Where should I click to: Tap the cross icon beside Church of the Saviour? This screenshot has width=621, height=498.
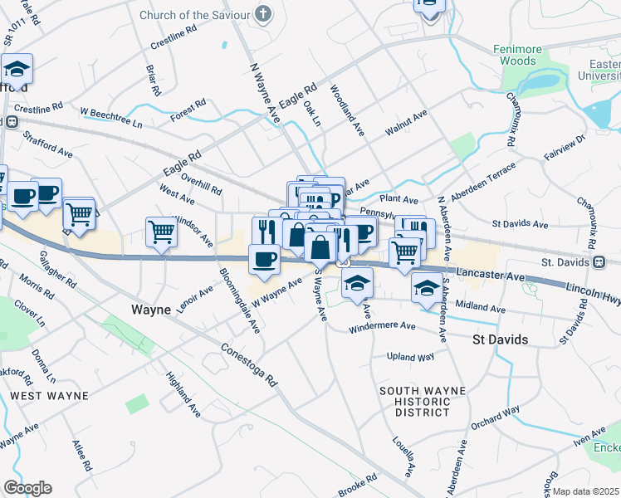click(262, 14)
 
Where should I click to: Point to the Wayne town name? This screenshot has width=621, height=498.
click(151, 310)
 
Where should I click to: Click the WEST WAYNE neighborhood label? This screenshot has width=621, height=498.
click(49, 396)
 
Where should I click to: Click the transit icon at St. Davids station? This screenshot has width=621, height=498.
click(599, 261)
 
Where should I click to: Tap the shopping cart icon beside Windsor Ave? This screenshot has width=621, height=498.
click(161, 232)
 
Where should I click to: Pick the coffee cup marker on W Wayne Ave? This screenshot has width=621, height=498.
click(264, 259)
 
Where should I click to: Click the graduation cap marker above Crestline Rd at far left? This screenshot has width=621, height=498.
click(17, 69)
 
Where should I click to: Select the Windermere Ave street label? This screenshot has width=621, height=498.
click(384, 327)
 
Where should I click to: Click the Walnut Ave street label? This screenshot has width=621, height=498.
click(405, 123)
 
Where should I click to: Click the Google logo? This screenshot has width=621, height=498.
click(27, 488)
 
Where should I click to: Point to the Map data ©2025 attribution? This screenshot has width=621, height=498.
click(585, 491)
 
